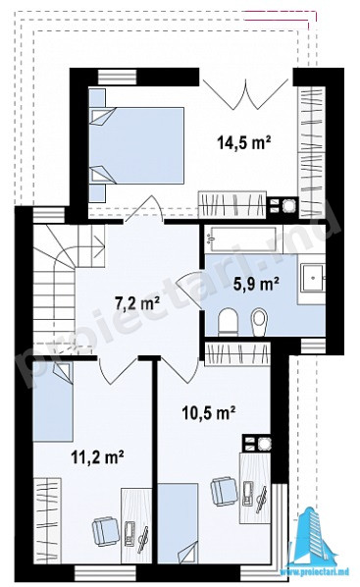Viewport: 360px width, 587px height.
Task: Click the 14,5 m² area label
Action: [x=243, y=142]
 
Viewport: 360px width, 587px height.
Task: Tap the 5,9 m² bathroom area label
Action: [x=256, y=284]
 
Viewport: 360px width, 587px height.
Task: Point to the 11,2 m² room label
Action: [x=98, y=457]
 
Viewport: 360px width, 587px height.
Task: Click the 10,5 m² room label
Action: [x=208, y=412]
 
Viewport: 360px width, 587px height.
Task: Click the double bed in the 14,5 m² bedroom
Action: [x=137, y=145]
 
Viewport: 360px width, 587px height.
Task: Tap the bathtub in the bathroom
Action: [x=243, y=239]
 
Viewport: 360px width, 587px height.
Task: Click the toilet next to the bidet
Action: [x=229, y=322]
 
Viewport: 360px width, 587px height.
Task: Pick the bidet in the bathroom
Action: [x=259, y=322]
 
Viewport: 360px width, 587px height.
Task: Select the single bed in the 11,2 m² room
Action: [x=53, y=401]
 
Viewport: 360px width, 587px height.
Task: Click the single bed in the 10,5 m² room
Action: [x=178, y=523]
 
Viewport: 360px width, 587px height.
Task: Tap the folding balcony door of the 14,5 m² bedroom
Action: [x=245, y=93]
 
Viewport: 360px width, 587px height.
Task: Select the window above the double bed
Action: [x=117, y=77]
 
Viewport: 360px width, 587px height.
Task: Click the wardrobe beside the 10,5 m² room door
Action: [x=237, y=353]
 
